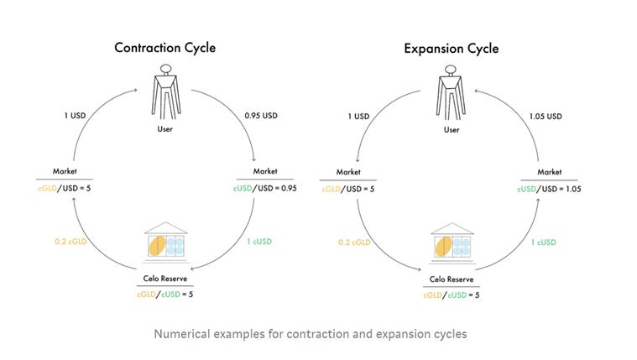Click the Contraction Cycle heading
click(165, 48)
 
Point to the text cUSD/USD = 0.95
click(266, 189)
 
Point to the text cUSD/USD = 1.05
click(551, 189)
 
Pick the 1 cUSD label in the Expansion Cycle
click(542, 243)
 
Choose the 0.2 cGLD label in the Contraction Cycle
click(72, 243)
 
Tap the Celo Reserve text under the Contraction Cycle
click(165, 279)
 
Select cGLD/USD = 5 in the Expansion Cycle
click(347, 189)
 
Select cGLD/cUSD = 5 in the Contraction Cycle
click(165, 295)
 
